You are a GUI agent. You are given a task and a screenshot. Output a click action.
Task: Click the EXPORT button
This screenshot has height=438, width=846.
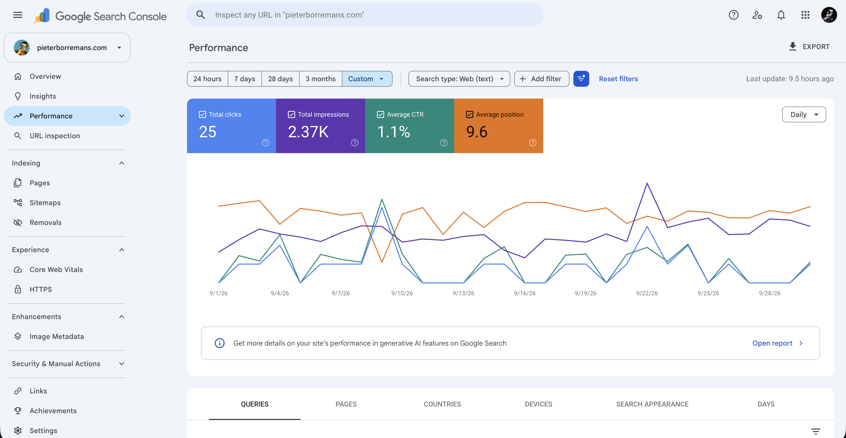point(809,47)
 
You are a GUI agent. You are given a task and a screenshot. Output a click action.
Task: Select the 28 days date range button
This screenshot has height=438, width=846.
point(280,79)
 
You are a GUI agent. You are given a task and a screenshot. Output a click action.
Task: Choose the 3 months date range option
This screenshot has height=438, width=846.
point(321,79)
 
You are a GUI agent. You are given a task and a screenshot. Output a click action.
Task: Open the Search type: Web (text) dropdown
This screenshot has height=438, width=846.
point(459,79)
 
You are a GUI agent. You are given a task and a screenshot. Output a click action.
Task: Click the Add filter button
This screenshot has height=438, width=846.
point(541,79)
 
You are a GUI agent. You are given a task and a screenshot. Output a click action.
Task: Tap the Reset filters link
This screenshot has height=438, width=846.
point(618,79)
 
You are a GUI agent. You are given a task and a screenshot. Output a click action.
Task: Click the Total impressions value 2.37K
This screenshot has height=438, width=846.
point(308,132)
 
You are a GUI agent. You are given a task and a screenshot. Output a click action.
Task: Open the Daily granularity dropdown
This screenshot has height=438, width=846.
point(804,114)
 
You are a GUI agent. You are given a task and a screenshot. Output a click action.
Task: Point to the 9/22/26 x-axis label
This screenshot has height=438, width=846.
point(647,293)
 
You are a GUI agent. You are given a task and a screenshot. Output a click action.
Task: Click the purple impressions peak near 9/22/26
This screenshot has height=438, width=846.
point(647,183)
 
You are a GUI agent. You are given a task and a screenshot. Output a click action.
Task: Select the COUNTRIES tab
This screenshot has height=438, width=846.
point(442,404)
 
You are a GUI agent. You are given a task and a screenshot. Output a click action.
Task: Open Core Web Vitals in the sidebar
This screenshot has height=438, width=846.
point(56,270)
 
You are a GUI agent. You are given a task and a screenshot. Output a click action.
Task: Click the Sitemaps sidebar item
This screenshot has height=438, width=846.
point(45,203)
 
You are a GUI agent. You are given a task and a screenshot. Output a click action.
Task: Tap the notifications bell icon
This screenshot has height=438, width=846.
point(781,15)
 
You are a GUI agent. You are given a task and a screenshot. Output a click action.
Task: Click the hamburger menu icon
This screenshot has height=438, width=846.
point(18,15)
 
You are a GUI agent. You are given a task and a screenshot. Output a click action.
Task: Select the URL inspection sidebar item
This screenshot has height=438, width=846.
point(54,136)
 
